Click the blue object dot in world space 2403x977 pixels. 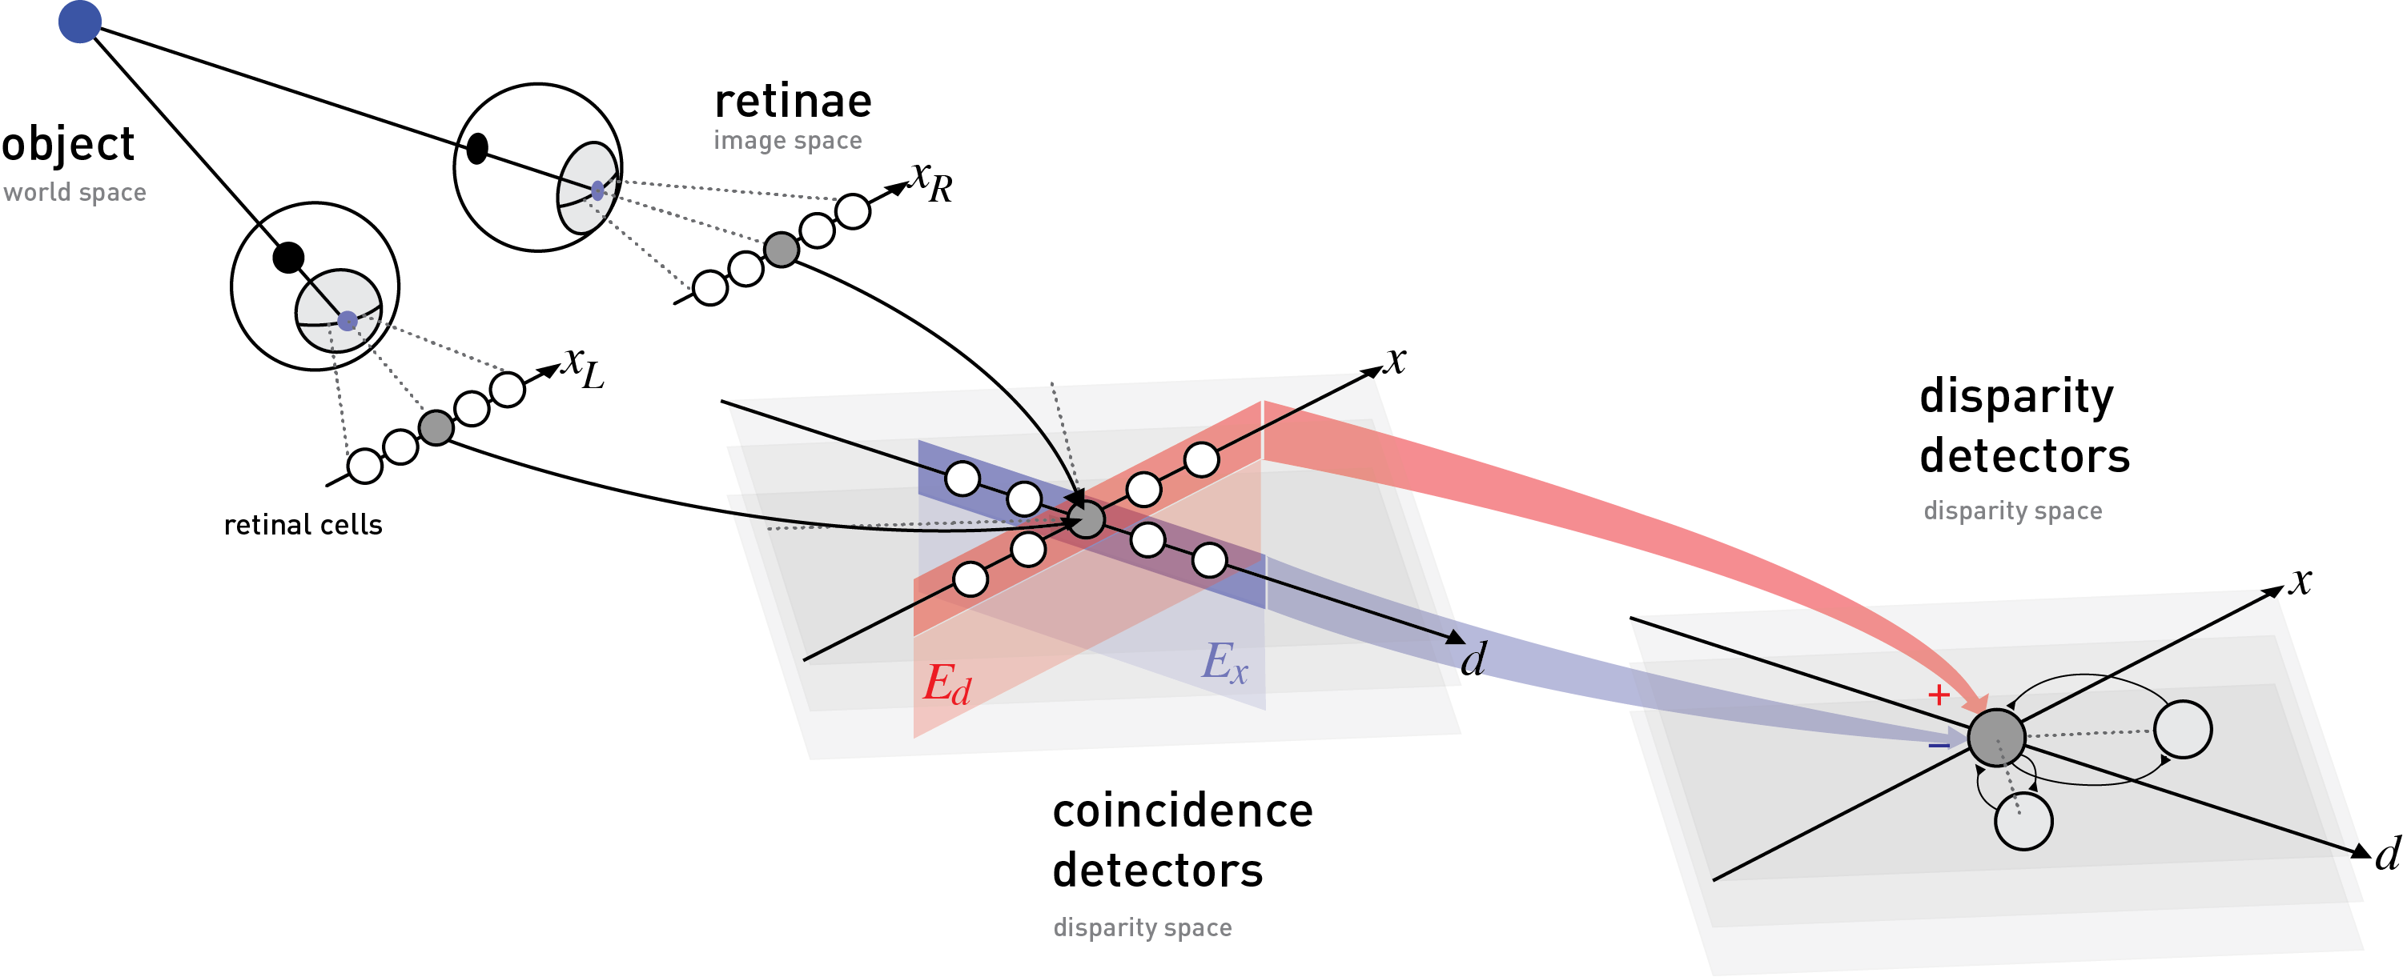(79, 22)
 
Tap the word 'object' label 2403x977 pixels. (67, 146)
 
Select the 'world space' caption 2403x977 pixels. (74, 192)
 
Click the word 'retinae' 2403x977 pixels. (793, 102)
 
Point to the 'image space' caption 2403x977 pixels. (787, 141)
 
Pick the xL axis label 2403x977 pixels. (584, 367)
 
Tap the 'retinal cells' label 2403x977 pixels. (303, 525)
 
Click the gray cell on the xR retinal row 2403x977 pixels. (782, 249)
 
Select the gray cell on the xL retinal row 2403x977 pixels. (436, 427)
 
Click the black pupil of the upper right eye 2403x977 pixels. (476, 148)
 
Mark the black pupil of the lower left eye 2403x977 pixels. (288, 258)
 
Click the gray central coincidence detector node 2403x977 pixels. (1086, 519)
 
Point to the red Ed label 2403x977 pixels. (946, 684)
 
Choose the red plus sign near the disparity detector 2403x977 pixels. (1938, 695)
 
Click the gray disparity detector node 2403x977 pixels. (1996, 738)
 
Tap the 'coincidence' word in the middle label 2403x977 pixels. (1183, 811)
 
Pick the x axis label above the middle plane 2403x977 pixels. (1395, 360)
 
